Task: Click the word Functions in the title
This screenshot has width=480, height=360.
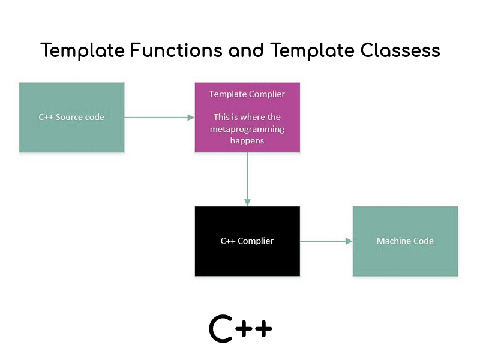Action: pyautogui.click(x=176, y=50)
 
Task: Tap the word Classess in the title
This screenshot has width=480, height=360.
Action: pyautogui.click(x=400, y=50)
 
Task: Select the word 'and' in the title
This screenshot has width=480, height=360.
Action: pyautogui.click(x=246, y=50)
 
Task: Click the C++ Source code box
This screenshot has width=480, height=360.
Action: pyautogui.click(x=71, y=117)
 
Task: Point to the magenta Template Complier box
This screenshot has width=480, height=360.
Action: pyautogui.click(x=247, y=117)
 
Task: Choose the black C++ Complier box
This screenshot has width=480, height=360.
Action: pyautogui.click(x=247, y=241)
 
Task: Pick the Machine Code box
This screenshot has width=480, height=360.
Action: pyautogui.click(x=406, y=241)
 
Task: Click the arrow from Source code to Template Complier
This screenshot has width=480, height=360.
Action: pyautogui.click(x=160, y=117)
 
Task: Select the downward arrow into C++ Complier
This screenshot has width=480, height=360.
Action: pyautogui.click(x=247, y=179)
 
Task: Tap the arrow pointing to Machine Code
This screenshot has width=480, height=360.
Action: pyautogui.click(x=326, y=241)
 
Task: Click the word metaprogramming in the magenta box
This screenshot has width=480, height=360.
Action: pyautogui.click(x=247, y=129)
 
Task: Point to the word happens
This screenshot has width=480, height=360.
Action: pyautogui.click(x=247, y=141)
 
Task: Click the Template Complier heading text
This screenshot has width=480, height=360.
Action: pyautogui.click(x=247, y=94)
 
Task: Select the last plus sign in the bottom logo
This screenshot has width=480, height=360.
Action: pyautogui.click(x=263, y=329)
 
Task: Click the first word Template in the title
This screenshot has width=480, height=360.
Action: pyautogui.click(x=83, y=50)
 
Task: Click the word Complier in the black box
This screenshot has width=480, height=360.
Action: pyautogui.click(x=256, y=241)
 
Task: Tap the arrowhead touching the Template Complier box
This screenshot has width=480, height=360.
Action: pyautogui.click(x=191, y=117)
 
